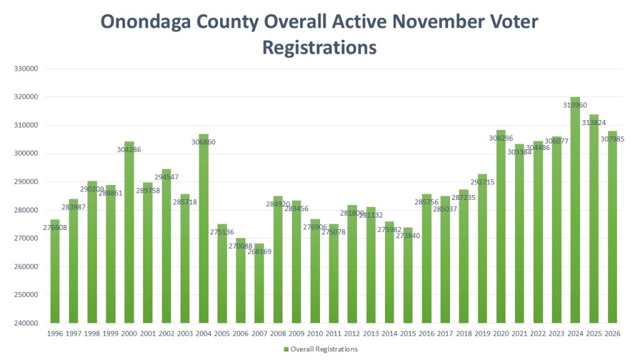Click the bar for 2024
pos(576,212)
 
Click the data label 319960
pos(574,106)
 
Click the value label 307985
pos(612,139)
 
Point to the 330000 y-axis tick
pos(24,69)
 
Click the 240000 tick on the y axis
pos(24,323)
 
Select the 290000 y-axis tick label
pos(24,182)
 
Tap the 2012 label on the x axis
pos(352,334)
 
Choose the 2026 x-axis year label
pos(613,334)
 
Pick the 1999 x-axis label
pos(111,334)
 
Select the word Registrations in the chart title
pos(319,47)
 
